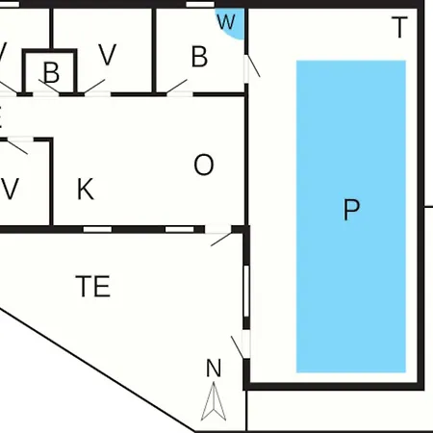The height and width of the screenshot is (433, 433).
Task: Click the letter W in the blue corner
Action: (x=226, y=22)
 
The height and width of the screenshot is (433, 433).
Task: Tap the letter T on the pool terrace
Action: (x=399, y=27)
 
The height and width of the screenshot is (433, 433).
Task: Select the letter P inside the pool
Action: (x=351, y=210)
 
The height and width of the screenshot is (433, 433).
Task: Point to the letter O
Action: (x=204, y=165)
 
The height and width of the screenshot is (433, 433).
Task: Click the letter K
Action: (x=86, y=189)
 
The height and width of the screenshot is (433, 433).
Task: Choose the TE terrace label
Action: (x=93, y=286)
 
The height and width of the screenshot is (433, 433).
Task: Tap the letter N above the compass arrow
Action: (x=214, y=368)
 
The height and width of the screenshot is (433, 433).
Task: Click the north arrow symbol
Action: (x=214, y=401)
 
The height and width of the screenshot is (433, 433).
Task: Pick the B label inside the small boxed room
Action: (x=51, y=73)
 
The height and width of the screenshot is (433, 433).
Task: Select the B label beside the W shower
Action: (x=199, y=57)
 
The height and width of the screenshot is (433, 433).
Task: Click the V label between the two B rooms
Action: (x=107, y=55)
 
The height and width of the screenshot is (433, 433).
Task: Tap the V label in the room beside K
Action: (x=10, y=189)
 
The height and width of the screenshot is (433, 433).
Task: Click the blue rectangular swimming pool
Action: (x=351, y=216)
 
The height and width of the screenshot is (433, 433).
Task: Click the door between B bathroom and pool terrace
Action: (x=251, y=66)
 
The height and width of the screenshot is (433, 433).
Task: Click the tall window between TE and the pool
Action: (x=246, y=291)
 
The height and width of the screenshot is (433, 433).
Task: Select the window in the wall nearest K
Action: (x=97, y=229)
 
